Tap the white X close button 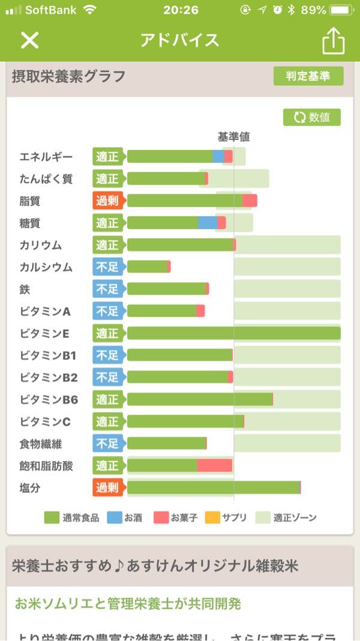pos(29,40)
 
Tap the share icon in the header pos(334,40)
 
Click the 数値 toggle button pos(312,117)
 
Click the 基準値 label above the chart pos(233,137)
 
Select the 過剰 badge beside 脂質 pos(107,200)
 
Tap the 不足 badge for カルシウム pos(107,267)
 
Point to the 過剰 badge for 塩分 pos(107,487)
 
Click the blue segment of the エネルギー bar pos(218,157)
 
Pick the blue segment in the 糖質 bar pos(208,223)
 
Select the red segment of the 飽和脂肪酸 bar pos(215,465)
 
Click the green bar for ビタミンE pos(233,333)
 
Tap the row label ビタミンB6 pos(49,400)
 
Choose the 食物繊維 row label pos(41,444)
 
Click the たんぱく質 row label pos(46,179)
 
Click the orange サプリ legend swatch pos(212,517)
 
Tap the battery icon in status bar pos(341,10)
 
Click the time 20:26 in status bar pos(180,10)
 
